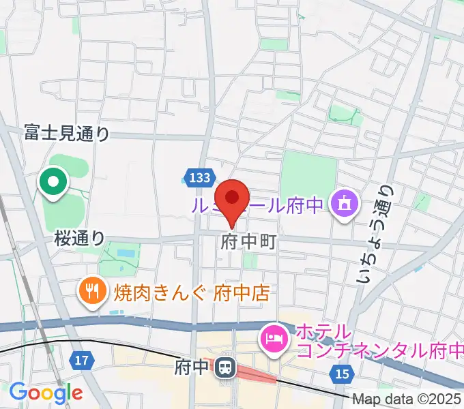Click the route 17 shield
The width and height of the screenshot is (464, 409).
[81, 360]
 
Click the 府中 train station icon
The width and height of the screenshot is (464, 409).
[224, 369]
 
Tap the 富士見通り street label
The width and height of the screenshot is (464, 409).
[66, 132]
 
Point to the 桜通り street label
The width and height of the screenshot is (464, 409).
[80, 238]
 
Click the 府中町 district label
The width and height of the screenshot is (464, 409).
[249, 243]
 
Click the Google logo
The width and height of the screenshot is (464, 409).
[45, 393]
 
